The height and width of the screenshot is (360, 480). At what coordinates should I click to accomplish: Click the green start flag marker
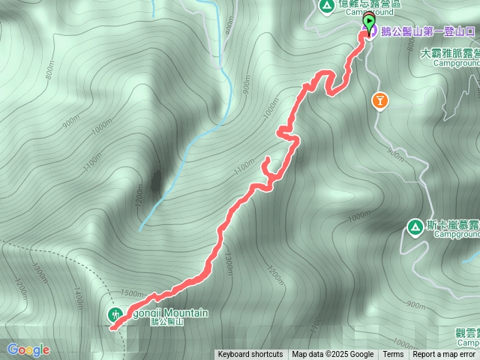click(369, 21)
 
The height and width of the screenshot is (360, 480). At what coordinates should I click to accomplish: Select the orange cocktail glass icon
click(380, 100)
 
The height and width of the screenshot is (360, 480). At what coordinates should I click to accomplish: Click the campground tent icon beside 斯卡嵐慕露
click(414, 226)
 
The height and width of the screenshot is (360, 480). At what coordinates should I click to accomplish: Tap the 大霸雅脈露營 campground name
click(450, 54)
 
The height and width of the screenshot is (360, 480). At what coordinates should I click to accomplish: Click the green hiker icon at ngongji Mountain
click(115, 314)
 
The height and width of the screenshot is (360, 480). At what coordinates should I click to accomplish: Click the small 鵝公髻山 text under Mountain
click(166, 322)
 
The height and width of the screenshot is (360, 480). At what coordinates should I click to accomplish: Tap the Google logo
click(28, 349)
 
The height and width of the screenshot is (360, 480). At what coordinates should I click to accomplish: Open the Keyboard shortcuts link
click(250, 355)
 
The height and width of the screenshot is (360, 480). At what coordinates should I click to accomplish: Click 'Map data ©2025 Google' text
click(333, 355)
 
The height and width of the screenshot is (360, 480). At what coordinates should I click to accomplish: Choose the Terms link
click(393, 355)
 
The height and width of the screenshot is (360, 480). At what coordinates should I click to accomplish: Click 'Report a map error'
click(444, 355)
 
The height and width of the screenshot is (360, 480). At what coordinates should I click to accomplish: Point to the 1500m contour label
click(130, 294)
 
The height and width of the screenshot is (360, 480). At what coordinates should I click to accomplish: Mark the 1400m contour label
click(76, 297)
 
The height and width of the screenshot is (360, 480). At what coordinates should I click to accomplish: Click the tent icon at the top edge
click(326, 6)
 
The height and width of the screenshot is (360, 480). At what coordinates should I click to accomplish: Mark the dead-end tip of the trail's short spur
click(268, 158)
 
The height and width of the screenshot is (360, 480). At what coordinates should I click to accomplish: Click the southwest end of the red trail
click(112, 327)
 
